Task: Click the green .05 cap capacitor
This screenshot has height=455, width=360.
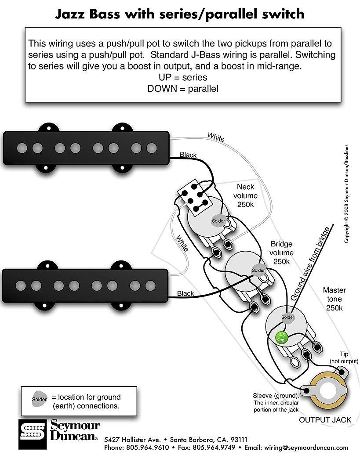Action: [280, 337]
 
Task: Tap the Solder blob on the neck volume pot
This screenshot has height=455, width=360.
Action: [218, 220]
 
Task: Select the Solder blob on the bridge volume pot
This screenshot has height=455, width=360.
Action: [258, 270]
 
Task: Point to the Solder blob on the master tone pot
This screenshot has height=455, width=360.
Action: [287, 317]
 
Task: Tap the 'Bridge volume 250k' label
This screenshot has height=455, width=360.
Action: [282, 253]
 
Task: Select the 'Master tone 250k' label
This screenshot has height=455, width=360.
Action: [335, 299]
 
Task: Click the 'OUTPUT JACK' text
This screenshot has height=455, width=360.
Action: [325, 420]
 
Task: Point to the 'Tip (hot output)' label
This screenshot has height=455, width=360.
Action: [344, 357]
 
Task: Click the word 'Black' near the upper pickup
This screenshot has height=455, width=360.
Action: [188, 155]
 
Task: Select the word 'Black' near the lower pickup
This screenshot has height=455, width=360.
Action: [185, 293]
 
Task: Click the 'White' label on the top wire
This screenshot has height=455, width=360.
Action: [216, 137]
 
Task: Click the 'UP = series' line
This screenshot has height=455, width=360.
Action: [183, 77]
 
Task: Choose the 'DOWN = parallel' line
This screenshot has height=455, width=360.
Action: [183, 88]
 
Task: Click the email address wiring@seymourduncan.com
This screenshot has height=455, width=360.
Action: [302, 448]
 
